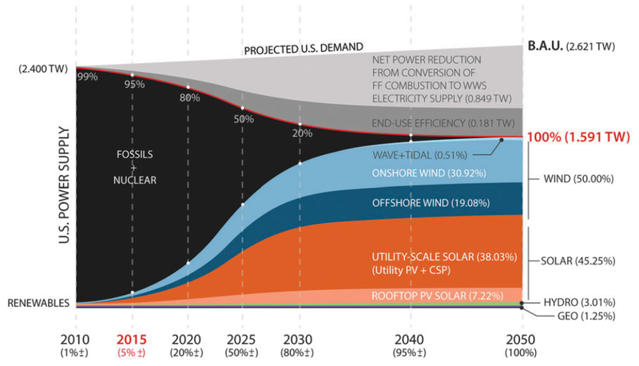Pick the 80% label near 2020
tap(189, 98)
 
